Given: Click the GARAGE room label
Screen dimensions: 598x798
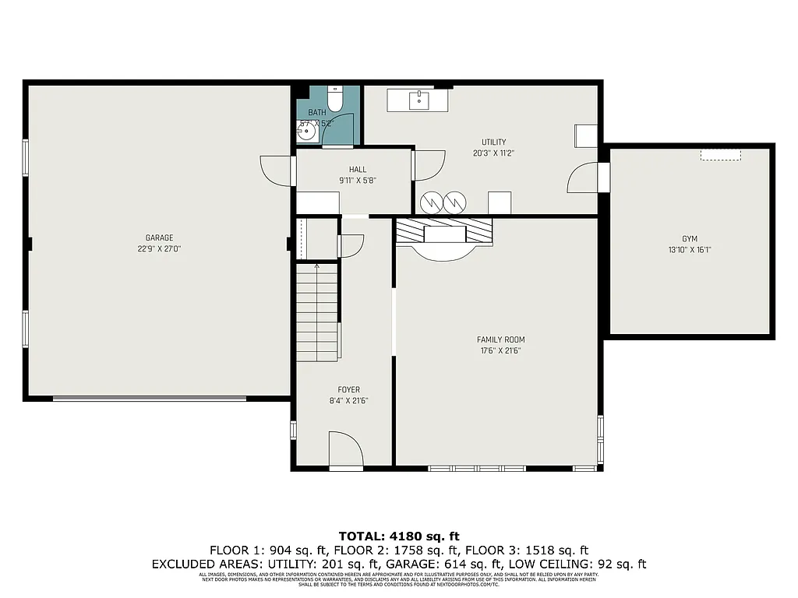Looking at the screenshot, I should click(x=159, y=238).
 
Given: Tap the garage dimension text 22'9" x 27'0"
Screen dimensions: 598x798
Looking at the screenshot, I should click(x=159, y=249).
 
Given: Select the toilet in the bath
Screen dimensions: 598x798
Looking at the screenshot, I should click(x=335, y=100).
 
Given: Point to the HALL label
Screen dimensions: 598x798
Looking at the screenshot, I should click(x=357, y=170).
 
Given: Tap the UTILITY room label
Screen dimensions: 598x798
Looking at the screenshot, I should click(x=493, y=142).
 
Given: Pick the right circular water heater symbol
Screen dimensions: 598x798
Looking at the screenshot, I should click(x=454, y=202).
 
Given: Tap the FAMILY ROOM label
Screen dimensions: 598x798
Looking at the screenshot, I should click(x=500, y=339).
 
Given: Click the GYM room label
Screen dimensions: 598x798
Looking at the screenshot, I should click(x=689, y=239).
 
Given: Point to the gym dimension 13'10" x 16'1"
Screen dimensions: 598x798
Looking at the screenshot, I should click(x=689, y=250).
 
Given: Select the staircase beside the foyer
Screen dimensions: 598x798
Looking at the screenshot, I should click(x=316, y=311).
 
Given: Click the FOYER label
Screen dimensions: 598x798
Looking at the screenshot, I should click(x=348, y=390).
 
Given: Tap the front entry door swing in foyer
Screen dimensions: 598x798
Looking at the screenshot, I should click(x=346, y=450).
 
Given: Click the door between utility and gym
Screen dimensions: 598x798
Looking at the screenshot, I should click(x=584, y=178).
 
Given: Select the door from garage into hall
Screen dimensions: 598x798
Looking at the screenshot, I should click(x=276, y=171).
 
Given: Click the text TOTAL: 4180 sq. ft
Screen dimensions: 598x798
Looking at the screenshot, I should click(x=399, y=536).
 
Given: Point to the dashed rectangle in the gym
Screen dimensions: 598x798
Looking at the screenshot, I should click(x=720, y=156).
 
